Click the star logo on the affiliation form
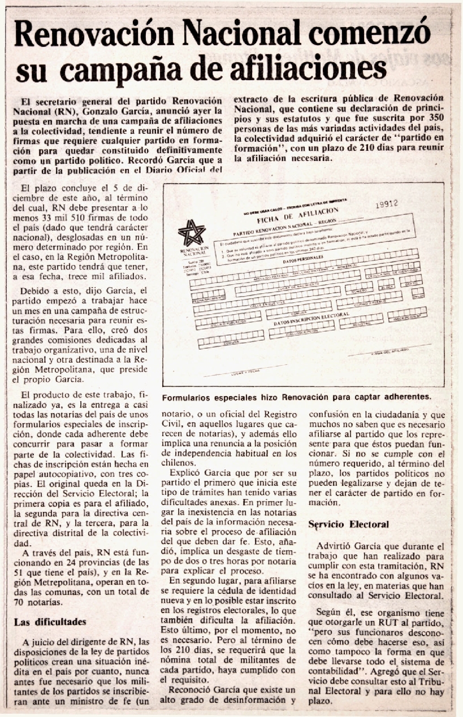click(192, 232)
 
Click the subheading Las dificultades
click(50, 622)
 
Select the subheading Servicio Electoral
click(348, 525)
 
